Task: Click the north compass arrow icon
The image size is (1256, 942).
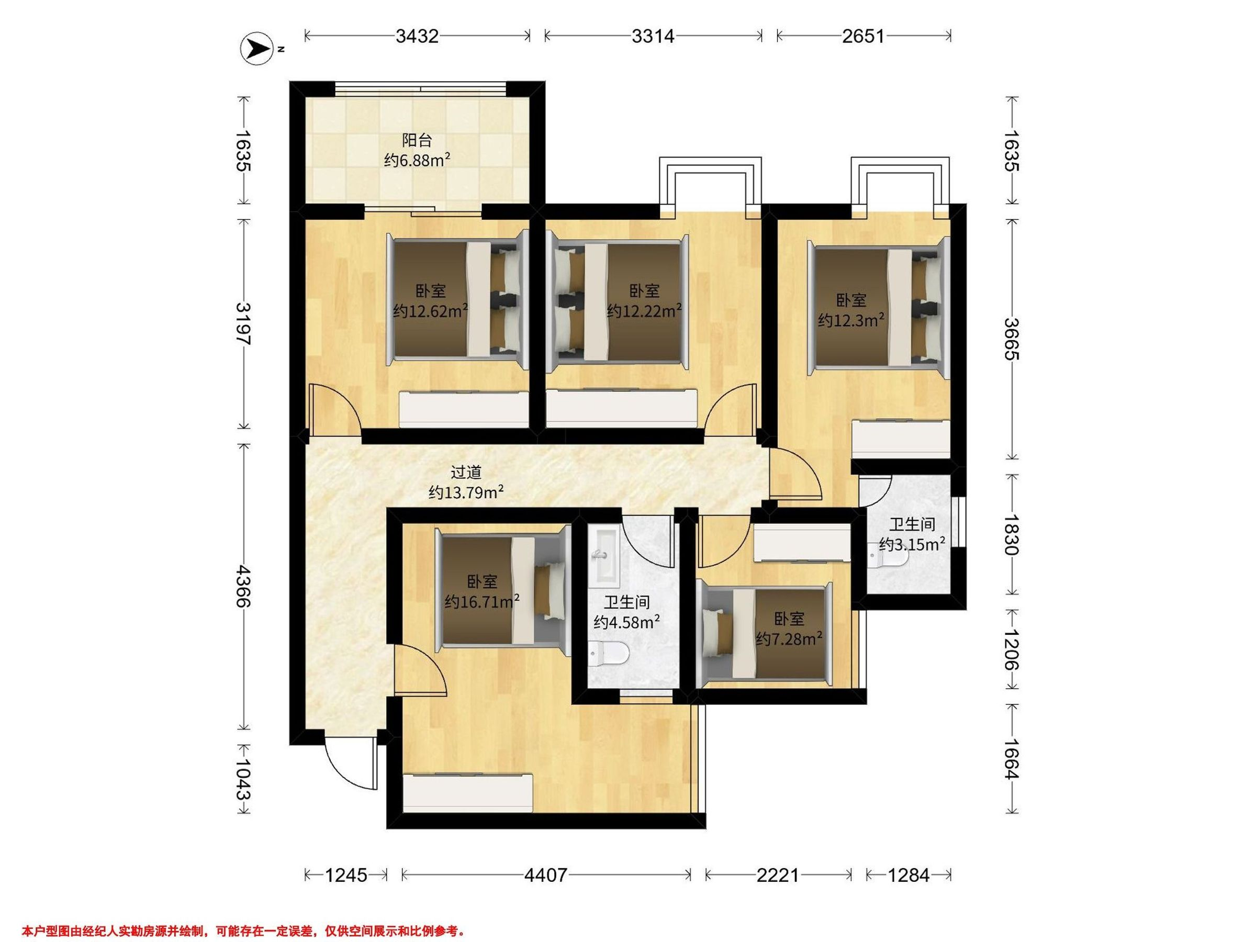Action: click(x=255, y=49)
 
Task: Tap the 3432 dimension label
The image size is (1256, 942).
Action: click(x=417, y=36)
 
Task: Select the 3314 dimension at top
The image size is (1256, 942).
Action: click(x=653, y=36)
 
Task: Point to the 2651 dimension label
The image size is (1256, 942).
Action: click(x=863, y=36)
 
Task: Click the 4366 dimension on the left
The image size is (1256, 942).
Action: click(x=243, y=586)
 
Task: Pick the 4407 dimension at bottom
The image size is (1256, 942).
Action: click(x=546, y=875)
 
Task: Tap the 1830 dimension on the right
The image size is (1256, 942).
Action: click(x=1011, y=534)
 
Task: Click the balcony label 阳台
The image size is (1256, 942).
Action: click(x=417, y=140)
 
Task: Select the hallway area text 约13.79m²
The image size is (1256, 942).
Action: click(x=466, y=492)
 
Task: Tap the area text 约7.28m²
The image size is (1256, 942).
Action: click(x=789, y=640)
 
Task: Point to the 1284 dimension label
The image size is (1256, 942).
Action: click(x=909, y=875)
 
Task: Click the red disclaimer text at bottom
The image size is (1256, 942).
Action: click(x=244, y=930)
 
